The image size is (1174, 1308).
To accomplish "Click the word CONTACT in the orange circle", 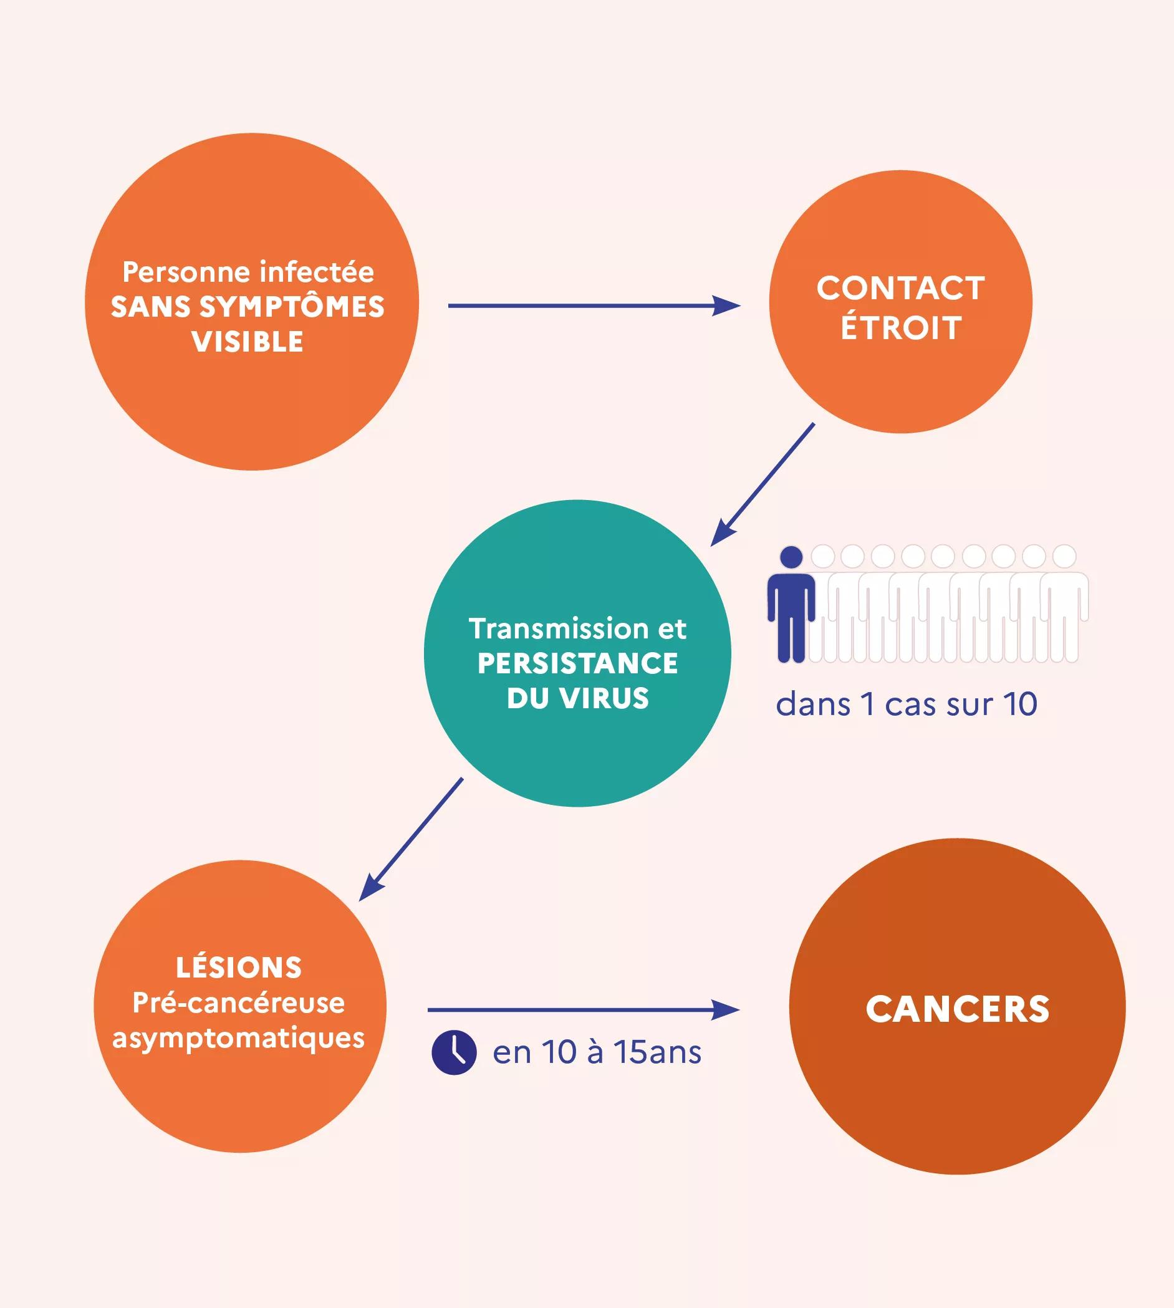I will click(900, 288).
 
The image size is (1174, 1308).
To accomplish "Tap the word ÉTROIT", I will click(900, 328).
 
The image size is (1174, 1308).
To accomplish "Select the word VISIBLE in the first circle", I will click(248, 342).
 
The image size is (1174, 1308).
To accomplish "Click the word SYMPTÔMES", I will click(292, 307).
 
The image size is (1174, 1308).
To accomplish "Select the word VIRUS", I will click(604, 698).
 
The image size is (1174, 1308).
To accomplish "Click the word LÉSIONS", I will click(239, 968).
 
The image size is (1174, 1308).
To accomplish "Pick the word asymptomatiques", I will click(239, 1039).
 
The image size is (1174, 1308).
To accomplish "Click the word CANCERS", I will click(957, 1009).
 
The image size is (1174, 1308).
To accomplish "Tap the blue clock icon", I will click(454, 1052).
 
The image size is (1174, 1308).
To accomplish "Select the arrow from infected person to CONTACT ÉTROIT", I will click(594, 305).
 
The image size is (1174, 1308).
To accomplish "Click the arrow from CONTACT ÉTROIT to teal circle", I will click(763, 484).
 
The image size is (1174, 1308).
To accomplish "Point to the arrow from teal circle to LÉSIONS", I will click(411, 839).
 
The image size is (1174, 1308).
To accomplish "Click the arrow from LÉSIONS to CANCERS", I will click(582, 1010).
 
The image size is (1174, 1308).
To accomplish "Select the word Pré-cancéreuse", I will click(239, 1003).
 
